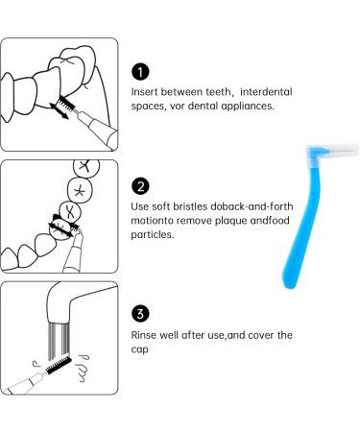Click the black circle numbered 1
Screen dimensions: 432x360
[139, 72]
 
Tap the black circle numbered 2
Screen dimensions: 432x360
[139, 184]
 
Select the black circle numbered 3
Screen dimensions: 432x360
[139, 312]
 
